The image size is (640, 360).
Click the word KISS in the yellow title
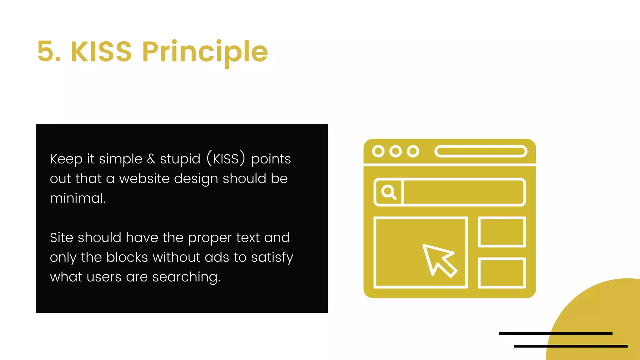click(x=101, y=52)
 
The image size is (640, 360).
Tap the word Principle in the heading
click(x=205, y=52)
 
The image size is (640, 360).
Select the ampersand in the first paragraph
click(x=151, y=159)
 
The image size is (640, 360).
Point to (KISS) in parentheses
click(x=226, y=158)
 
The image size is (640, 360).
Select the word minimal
click(x=78, y=198)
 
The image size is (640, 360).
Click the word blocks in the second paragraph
click(x=127, y=257)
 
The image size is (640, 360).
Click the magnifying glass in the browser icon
click(x=388, y=192)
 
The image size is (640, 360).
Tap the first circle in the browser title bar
click(x=378, y=151)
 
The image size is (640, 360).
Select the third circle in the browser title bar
click(x=413, y=151)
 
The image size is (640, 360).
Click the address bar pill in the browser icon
click(x=481, y=151)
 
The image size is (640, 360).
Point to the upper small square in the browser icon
click(x=502, y=232)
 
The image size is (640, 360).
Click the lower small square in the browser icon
click(x=502, y=273)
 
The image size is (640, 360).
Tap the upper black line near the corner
click(x=555, y=334)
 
